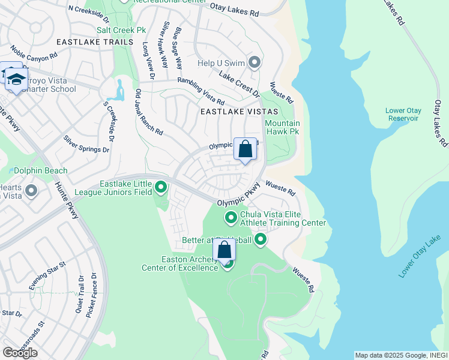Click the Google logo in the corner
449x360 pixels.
20,353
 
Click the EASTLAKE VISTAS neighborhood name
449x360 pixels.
239,112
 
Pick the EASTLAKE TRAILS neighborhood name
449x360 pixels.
94,42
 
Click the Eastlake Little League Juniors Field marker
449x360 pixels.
160,188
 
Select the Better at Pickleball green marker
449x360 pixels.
260,240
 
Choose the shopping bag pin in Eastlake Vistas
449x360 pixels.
245,149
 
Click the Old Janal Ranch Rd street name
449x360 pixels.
149,112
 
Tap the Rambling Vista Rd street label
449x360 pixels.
200,92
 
